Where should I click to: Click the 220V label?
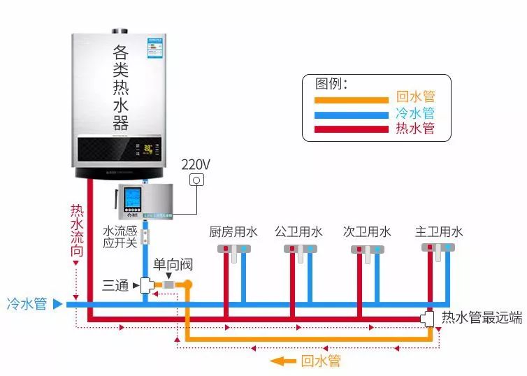pos(196,165)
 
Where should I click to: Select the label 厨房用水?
pos(233,232)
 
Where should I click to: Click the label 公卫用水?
pos(298,232)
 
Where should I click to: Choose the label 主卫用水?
pos(439,232)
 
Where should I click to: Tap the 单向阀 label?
pos(173,266)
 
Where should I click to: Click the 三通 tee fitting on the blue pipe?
pos(147,285)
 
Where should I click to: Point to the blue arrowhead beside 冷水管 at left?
pos(58,304)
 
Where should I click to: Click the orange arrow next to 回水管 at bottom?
pos(282,361)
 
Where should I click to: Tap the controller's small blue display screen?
pos(133,199)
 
